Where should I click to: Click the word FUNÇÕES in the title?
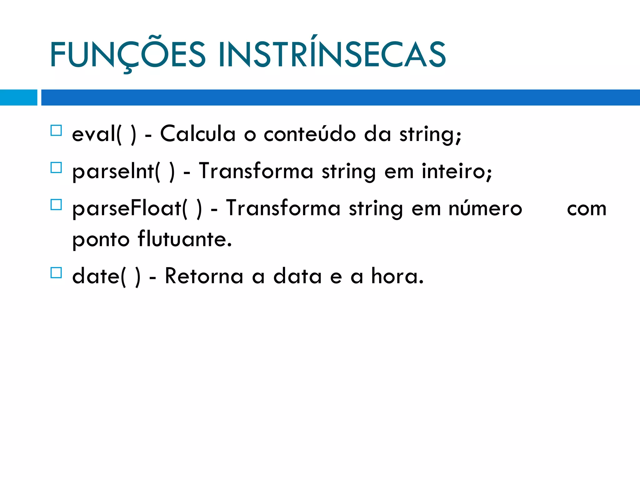point(127,55)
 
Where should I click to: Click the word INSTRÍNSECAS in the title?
point(332,55)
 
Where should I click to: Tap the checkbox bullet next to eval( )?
point(56,130)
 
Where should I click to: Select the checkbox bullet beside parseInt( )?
point(56,168)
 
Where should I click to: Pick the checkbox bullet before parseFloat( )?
point(56,205)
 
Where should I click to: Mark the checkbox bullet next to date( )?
point(56,273)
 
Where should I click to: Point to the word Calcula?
point(197,134)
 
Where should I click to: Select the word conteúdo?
point(309,134)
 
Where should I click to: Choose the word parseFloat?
point(127,209)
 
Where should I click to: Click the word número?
point(485,209)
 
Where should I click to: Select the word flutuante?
point(184,239)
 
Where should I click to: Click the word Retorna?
point(204,276)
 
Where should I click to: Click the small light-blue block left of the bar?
point(18,97)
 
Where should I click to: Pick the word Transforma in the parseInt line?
point(256,171)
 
